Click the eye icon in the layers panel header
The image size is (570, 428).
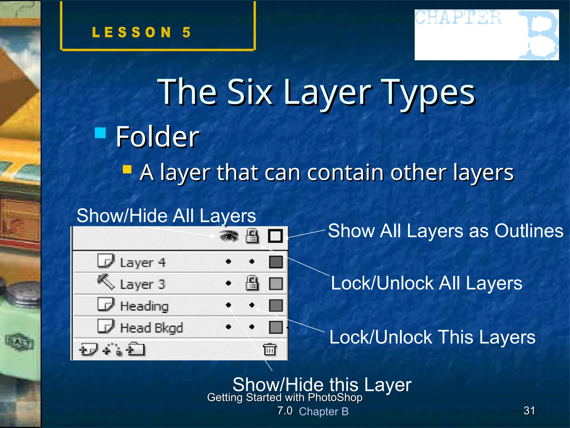[x=229, y=236]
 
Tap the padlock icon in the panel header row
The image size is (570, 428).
[x=252, y=236]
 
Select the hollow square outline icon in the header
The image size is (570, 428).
[x=275, y=236]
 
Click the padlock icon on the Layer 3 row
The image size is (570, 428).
[x=252, y=283]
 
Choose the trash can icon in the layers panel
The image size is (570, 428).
[x=270, y=349]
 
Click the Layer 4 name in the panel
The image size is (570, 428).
[x=143, y=262]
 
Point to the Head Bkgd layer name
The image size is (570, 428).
[x=151, y=328]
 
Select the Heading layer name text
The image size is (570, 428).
[x=144, y=306]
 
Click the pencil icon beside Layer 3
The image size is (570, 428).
[x=106, y=282]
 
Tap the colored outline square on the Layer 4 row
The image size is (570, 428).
[x=276, y=262]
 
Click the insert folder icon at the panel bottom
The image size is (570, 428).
[x=136, y=349]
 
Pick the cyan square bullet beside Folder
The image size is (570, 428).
[x=100, y=133]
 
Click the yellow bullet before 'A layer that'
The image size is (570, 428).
[x=127, y=169]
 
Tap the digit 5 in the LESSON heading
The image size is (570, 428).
[x=186, y=32]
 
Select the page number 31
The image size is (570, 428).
[x=529, y=410]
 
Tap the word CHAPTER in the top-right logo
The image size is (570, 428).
[x=458, y=17]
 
